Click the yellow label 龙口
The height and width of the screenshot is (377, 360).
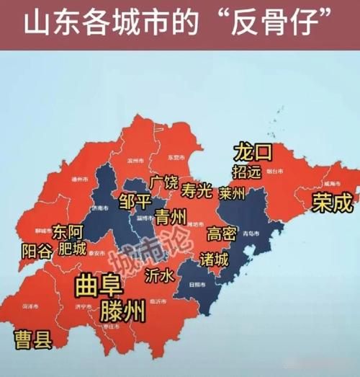[252, 153]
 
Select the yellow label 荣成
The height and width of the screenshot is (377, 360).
[332, 203]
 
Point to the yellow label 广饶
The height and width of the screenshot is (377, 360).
[163, 182]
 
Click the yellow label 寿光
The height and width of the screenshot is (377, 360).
[196, 192]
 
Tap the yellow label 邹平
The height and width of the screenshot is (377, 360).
[135, 200]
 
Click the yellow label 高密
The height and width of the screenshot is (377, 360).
[222, 234]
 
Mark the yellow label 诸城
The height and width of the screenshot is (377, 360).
[214, 258]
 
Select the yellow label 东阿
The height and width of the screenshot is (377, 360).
[68, 233]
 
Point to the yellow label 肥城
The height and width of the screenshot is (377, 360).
[72, 249]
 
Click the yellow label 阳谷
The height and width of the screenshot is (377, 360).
[37, 251]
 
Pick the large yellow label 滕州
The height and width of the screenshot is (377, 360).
[123, 311]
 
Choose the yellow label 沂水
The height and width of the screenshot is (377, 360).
[159, 275]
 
